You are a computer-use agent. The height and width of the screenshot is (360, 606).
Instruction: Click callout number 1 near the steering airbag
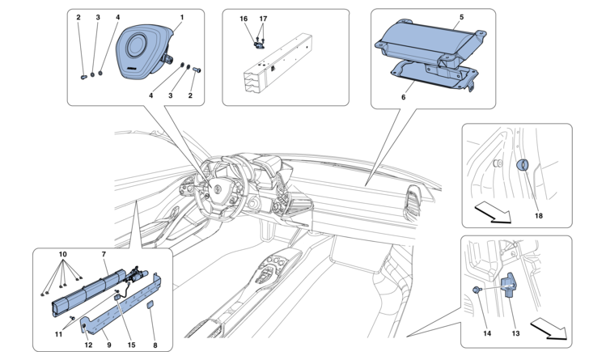[182, 17]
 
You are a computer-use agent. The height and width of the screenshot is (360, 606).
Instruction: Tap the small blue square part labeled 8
[150, 305]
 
